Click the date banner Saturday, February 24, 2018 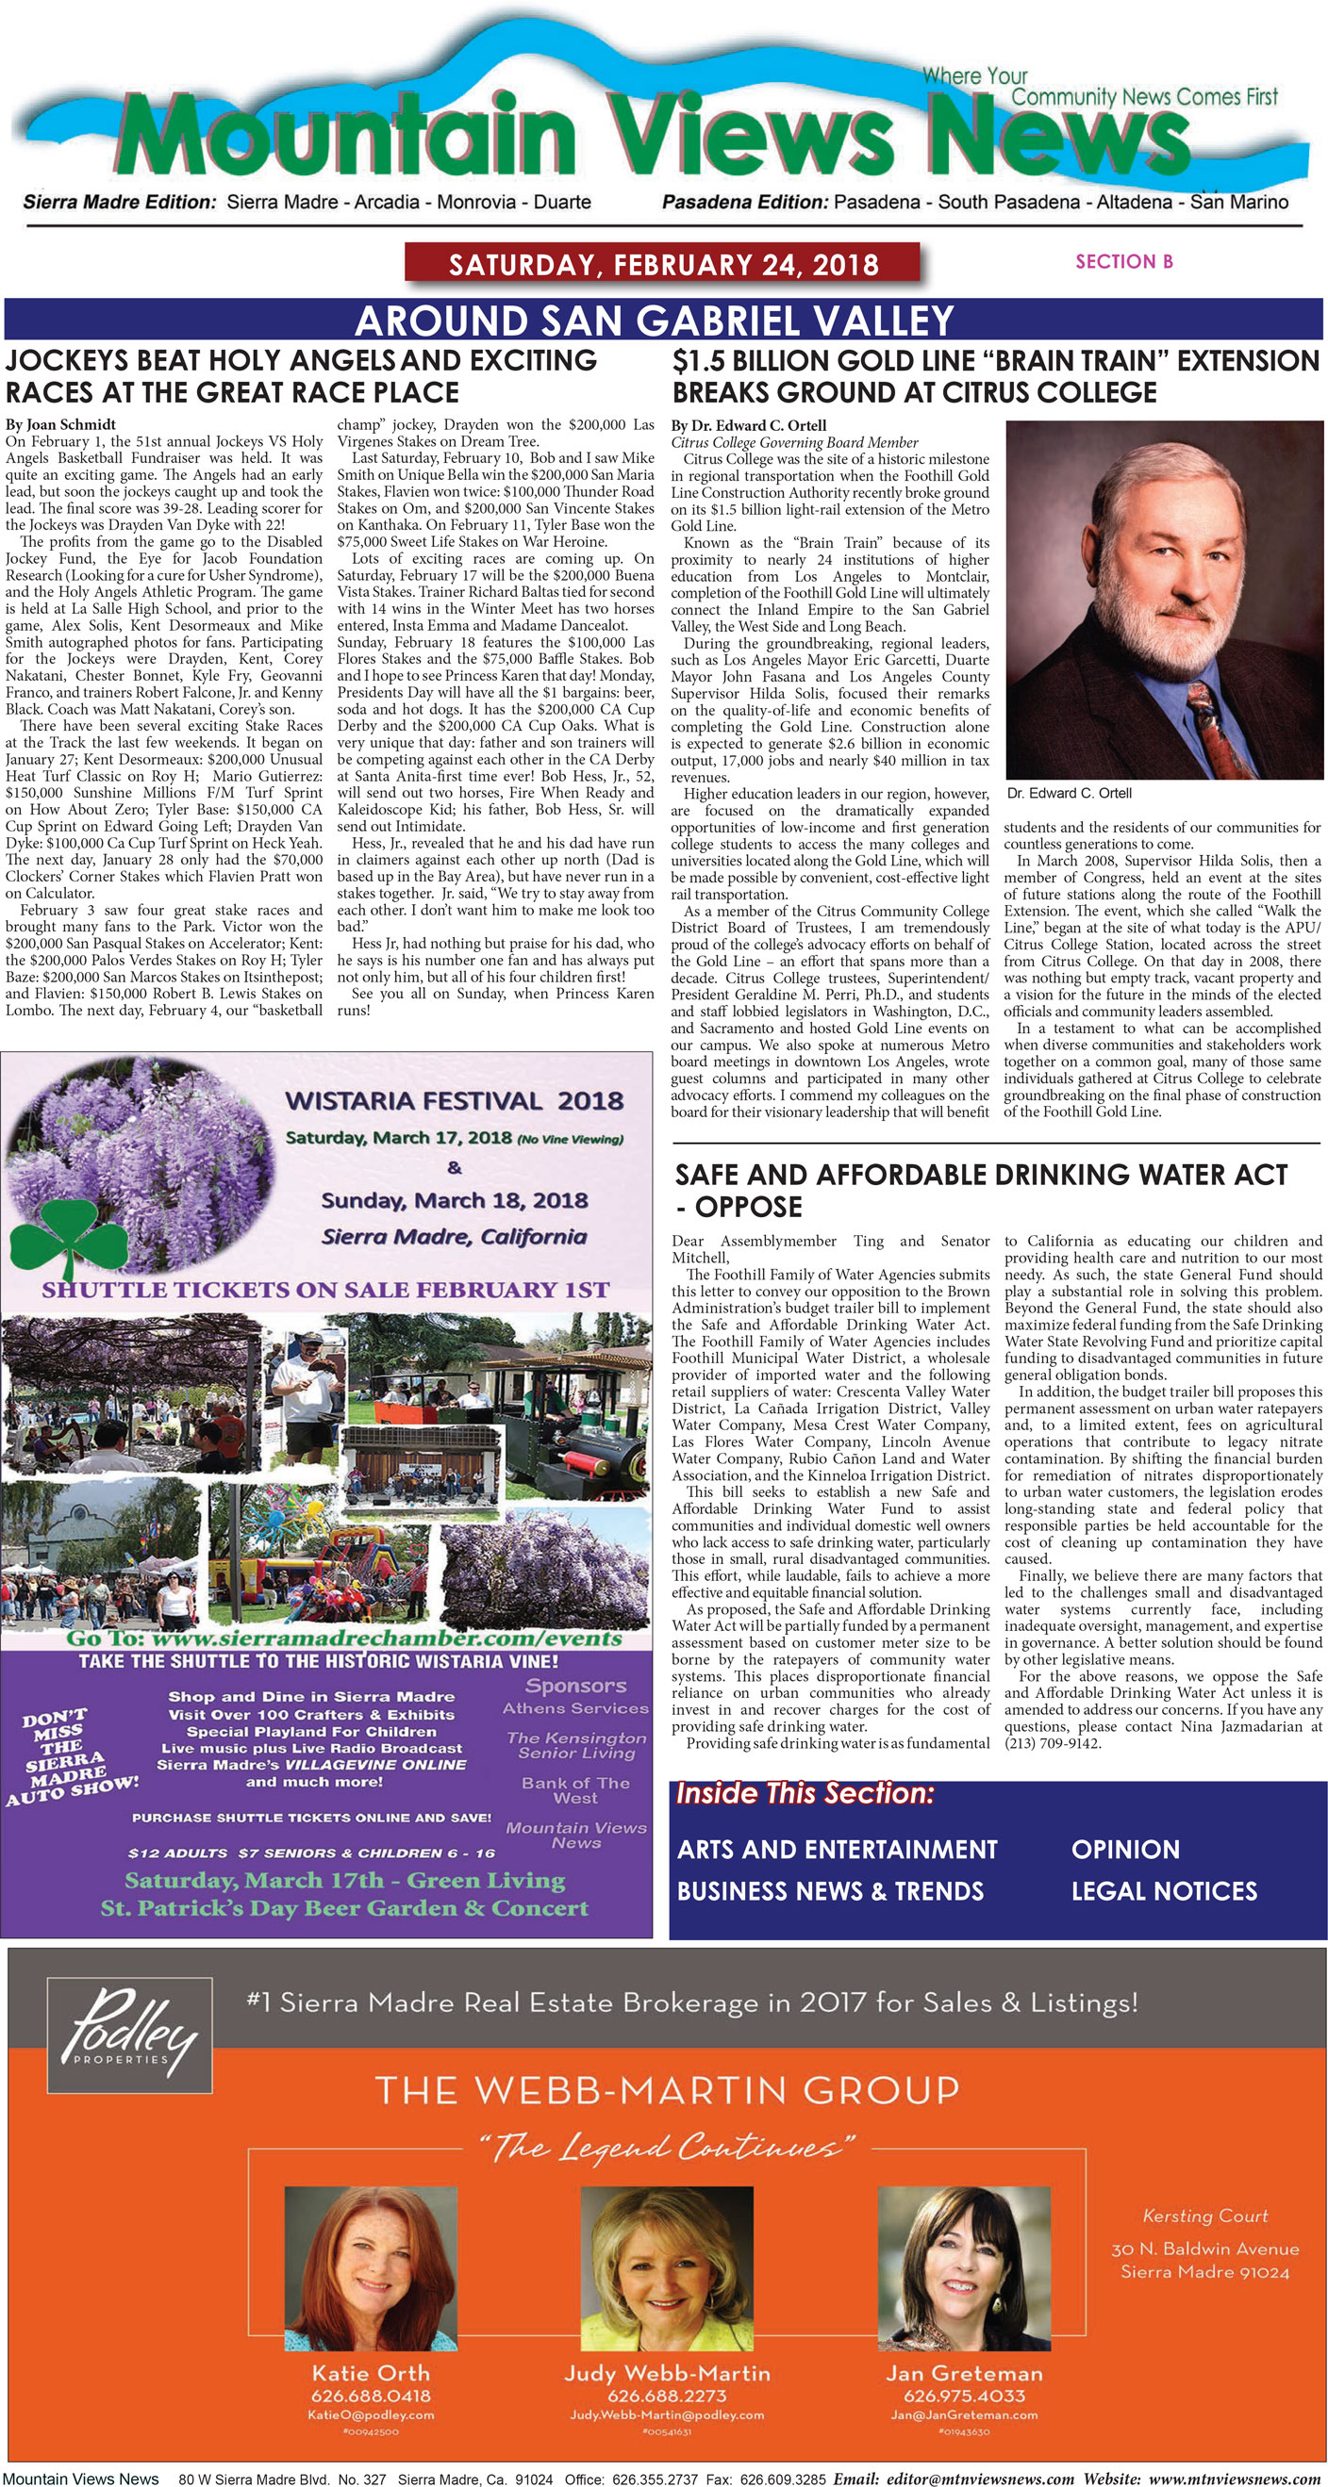(662, 265)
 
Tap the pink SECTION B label (1123, 262)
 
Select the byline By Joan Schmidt (61, 424)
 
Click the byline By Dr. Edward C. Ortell (749, 425)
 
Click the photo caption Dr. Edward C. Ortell (1069, 793)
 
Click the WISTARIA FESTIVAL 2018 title (454, 1100)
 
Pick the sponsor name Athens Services (575, 1708)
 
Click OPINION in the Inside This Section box (1125, 1849)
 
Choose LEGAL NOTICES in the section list (1164, 1890)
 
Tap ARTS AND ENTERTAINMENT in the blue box (837, 1849)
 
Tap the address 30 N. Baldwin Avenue (1204, 2248)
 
